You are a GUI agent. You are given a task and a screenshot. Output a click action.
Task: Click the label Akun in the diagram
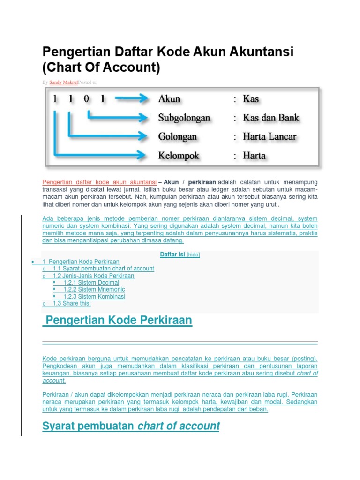click(169, 99)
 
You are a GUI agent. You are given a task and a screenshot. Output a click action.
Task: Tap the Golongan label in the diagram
click(178, 137)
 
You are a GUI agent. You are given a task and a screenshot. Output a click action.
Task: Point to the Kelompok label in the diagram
click(179, 156)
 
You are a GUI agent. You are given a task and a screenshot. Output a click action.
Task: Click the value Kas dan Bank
click(271, 118)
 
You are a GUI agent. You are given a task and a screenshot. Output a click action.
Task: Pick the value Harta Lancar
click(270, 137)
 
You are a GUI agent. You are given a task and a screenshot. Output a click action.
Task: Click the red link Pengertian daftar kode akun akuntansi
click(99, 182)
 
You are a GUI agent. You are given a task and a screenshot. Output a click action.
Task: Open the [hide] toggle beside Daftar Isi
click(193, 255)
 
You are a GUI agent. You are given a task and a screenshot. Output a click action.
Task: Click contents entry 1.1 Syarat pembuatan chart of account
click(103, 269)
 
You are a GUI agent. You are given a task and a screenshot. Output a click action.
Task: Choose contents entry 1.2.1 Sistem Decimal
click(91, 283)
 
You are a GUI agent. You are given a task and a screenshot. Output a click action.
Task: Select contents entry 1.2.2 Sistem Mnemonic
click(94, 290)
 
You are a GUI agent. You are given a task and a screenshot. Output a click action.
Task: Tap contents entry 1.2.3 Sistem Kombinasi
click(94, 297)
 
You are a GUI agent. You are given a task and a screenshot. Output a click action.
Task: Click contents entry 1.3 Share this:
click(72, 304)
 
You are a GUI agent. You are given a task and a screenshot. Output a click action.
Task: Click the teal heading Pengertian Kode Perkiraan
click(118, 321)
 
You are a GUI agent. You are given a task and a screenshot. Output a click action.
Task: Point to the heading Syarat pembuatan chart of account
click(131, 426)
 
